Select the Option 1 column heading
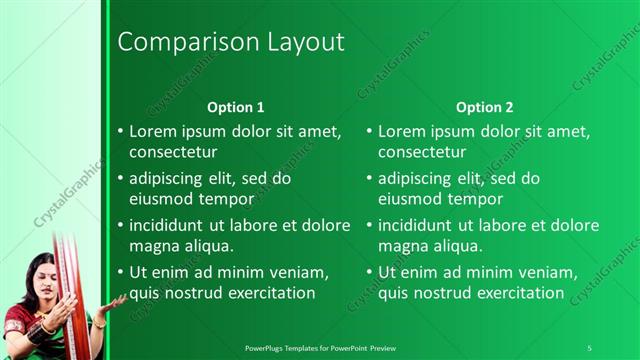(x=236, y=107)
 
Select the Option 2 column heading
(x=484, y=107)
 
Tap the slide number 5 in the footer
(x=589, y=347)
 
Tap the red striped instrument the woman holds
(x=72, y=290)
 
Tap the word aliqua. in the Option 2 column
(x=459, y=245)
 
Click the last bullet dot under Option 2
(x=370, y=272)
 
